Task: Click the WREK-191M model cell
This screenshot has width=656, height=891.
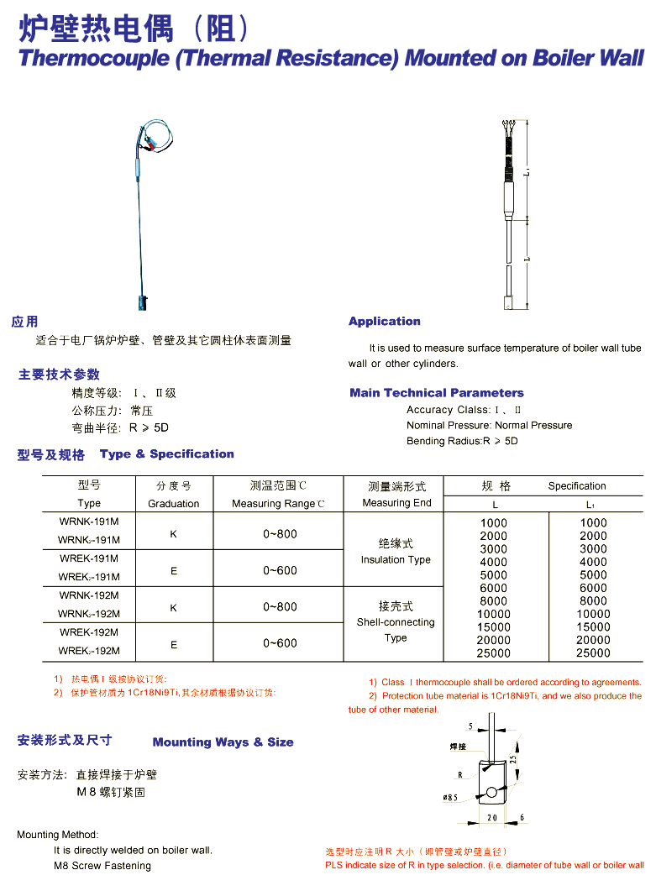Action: tap(89, 558)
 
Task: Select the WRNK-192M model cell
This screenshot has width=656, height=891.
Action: tap(89, 595)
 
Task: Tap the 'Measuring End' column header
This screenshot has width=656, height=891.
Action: tap(396, 503)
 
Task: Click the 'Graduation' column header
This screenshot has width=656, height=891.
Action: tap(174, 504)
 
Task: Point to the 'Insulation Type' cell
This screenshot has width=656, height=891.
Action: tap(396, 560)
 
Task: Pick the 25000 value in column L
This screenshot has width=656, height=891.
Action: tap(494, 653)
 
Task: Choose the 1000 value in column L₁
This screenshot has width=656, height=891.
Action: tap(593, 522)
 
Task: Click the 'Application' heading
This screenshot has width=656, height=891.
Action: tap(385, 322)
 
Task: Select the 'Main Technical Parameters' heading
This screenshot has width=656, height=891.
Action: tap(437, 393)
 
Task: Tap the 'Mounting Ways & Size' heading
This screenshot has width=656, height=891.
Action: tap(223, 742)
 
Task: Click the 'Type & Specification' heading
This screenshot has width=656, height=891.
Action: tap(167, 454)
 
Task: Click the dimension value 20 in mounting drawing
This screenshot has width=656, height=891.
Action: tap(491, 817)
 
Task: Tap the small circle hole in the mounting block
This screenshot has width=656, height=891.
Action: tap(490, 792)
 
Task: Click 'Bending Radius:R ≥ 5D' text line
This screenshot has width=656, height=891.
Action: tap(462, 441)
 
